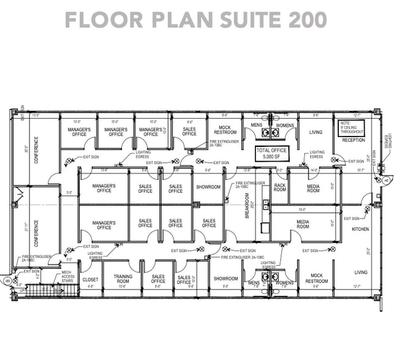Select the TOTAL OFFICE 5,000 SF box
click(275, 152)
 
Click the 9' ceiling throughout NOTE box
click(352, 127)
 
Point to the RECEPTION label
click(353, 140)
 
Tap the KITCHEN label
click(360, 229)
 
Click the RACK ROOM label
click(280, 187)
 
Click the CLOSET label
click(90, 279)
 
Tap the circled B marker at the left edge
click(7, 281)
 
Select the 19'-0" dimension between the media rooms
click(302, 209)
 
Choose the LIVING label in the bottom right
click(362, 272)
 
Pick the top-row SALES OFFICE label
click(189, 132)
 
